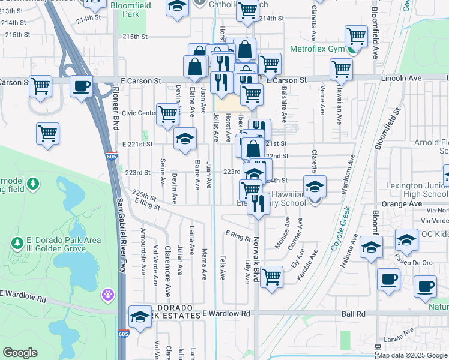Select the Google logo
20,353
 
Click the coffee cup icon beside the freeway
81,85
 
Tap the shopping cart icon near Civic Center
168,113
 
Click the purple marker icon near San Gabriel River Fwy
108,295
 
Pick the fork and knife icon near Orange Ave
258,203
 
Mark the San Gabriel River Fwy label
119,228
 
